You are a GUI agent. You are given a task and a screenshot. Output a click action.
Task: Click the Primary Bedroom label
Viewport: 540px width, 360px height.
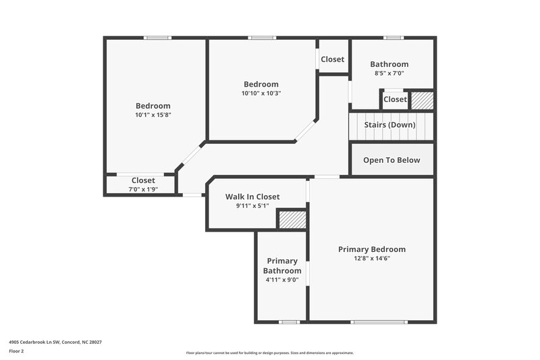point(371,249)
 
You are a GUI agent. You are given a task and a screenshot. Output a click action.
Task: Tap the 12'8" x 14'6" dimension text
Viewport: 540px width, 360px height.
point(371,258)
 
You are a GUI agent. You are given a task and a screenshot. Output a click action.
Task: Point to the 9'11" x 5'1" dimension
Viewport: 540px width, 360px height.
point(252,206)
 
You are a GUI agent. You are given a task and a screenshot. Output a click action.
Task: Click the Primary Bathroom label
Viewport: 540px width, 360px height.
point(282,265)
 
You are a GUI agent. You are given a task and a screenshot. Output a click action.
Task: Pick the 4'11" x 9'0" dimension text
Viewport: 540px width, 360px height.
point(282,280)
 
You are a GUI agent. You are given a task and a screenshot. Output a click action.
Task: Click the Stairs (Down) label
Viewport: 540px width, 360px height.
point(389,125)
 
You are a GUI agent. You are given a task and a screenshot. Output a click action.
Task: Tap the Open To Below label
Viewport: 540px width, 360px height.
point(391,160)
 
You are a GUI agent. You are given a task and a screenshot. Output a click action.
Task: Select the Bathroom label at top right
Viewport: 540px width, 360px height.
point(389,64)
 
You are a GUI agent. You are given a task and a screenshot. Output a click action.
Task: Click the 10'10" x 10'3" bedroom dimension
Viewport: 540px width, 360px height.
point(261,93)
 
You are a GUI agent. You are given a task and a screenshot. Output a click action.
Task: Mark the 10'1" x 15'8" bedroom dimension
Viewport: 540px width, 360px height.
point(153,115)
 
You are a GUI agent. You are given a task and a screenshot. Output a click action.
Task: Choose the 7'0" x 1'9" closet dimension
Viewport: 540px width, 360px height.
point(143,190)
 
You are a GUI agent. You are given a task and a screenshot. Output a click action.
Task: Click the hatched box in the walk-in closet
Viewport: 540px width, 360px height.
point(292,220)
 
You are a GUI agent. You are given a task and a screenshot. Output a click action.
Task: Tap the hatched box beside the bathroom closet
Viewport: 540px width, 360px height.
point(422,100)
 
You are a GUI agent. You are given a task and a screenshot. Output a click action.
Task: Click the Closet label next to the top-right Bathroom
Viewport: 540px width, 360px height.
point(332,59)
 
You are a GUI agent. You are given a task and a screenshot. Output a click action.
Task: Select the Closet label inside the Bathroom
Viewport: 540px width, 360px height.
point(395,99)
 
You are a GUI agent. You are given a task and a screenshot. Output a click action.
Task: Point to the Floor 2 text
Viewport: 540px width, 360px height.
point(16,351)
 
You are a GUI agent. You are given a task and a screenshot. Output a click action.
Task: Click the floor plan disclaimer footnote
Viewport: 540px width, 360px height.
point(269,353)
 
